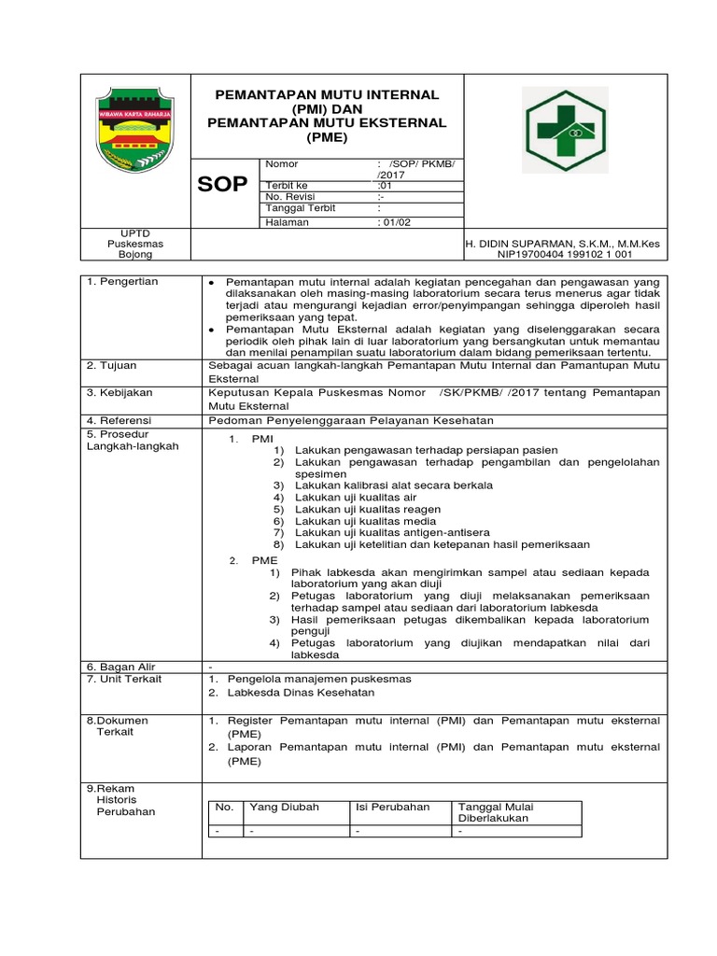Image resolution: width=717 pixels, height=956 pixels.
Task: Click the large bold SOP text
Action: point(222,184)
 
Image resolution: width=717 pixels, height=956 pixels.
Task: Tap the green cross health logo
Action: point(564,131)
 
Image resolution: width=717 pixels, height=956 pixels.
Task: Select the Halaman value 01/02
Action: point(393,223)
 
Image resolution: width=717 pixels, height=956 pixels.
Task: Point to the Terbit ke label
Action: point(287,185)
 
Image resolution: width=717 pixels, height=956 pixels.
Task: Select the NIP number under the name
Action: point(565,254)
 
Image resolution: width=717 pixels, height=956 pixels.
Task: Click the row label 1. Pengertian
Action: point(122,282)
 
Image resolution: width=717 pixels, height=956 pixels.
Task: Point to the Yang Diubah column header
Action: point(283,807)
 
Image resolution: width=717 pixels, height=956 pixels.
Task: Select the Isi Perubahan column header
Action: point(392,807)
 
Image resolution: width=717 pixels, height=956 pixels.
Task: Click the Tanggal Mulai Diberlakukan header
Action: point(495,812)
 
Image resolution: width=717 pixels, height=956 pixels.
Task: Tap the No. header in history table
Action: point(224,807)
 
